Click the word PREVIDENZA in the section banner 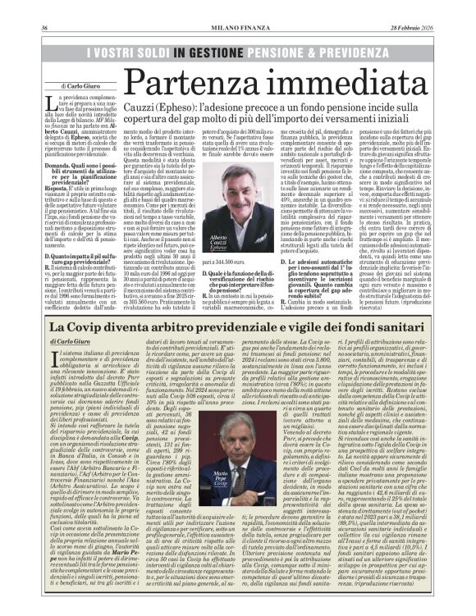pyautogui.click(x=395, y=51)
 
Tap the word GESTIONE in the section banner pyautogui.click(x=217, y=51)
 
